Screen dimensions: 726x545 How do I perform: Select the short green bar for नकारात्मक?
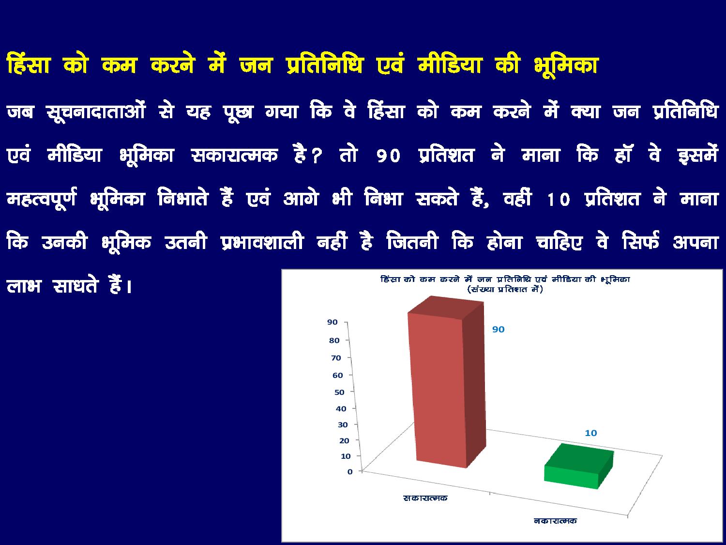point(579,467)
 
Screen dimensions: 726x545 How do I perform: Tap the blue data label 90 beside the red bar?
point(499,329)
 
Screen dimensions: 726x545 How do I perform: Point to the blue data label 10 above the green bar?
point(591,433)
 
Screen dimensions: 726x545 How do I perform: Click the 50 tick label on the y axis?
point(339,392)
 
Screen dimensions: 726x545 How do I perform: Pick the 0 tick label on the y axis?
point(350,472)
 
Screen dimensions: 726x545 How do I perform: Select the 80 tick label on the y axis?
point(334,341)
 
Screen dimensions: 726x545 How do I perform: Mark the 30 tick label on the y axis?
point(343,425)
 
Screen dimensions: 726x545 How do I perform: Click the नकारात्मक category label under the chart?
point(555,521)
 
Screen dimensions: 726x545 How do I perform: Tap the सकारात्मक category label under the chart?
point(425,498)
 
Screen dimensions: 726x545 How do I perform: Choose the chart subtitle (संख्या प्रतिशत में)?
point(505,289)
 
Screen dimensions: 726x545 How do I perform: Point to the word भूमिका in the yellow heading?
point(566,65)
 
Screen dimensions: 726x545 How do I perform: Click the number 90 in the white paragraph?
point(388,156)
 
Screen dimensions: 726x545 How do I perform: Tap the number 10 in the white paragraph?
point(559,199)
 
